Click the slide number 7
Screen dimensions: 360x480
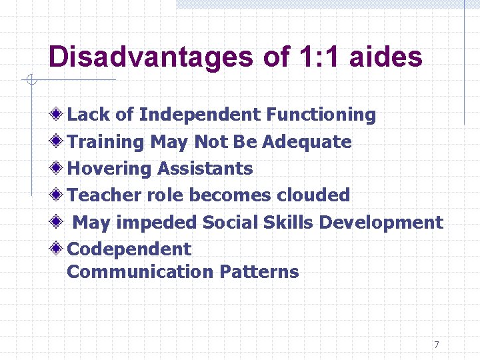point(437,345)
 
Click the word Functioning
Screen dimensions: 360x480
point(321,115)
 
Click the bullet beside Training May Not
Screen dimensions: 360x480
point(59,141)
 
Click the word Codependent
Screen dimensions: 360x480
point(129,249)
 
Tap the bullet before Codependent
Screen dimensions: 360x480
point(59,249)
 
